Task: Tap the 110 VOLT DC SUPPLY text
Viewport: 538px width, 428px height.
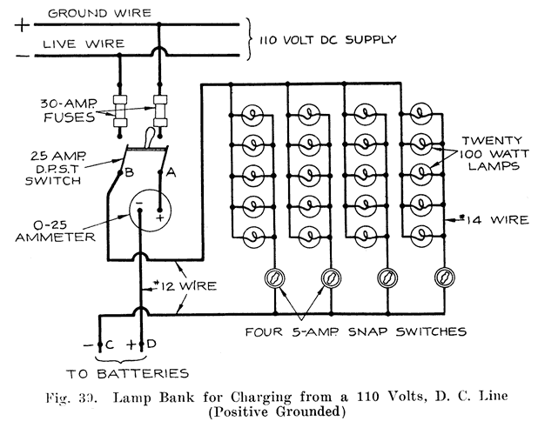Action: pyautogui.click(x=323, y=39)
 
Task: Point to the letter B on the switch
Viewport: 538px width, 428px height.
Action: pyautogui.click(x=126, y=171)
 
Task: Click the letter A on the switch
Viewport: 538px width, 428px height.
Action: pyautogui.click(x=171, y=171)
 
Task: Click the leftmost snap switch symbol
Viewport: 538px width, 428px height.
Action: pyautogui.click(x=276, y=278)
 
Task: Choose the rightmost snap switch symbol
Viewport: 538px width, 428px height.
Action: pyautogui.click(x=444, y=278)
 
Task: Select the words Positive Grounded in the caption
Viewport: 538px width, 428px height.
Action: pyautogui.click(x=269, y=411)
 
